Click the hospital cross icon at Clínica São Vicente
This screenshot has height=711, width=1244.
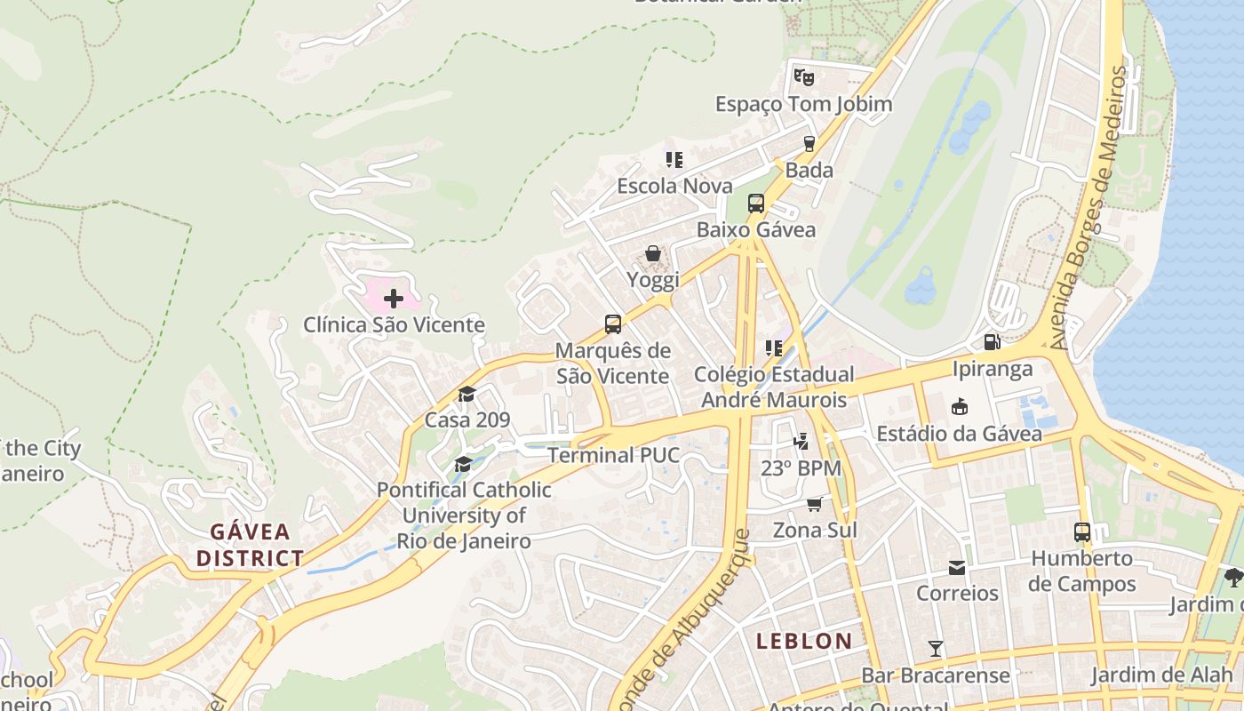(x=393, y=299)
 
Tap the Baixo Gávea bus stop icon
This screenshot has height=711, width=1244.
(x=755, y=204)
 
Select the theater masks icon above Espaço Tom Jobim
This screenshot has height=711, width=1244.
(x=803, y=77)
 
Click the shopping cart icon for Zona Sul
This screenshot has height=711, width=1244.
(x=814, y=504)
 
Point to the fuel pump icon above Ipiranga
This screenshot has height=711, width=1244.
(x=992, y=342)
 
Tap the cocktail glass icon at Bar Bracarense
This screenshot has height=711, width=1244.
(x=935, y=648)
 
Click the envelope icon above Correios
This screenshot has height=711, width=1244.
(x=957, y=567)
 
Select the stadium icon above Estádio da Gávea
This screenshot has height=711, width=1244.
(x=959, y=407)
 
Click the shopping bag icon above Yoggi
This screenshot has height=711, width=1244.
(x=653, y=254)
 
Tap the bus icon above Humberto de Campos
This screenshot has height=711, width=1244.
(x=1081, y=532)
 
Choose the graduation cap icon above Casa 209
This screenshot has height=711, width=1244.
(x=466, y=394)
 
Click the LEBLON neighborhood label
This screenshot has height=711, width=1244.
(x=804, y=641)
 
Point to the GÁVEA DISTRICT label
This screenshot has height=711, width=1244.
(x=250, y=545)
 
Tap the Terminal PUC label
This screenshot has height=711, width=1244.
(x=613, y=456)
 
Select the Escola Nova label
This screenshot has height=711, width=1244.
(x=674, y=186)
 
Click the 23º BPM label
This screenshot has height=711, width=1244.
(x=801, y=467)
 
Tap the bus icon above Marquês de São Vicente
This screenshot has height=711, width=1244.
(x=612, y=324)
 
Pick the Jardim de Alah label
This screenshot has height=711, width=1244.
(x=1162, y=675)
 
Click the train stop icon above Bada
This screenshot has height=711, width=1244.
(x=809, y=143)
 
